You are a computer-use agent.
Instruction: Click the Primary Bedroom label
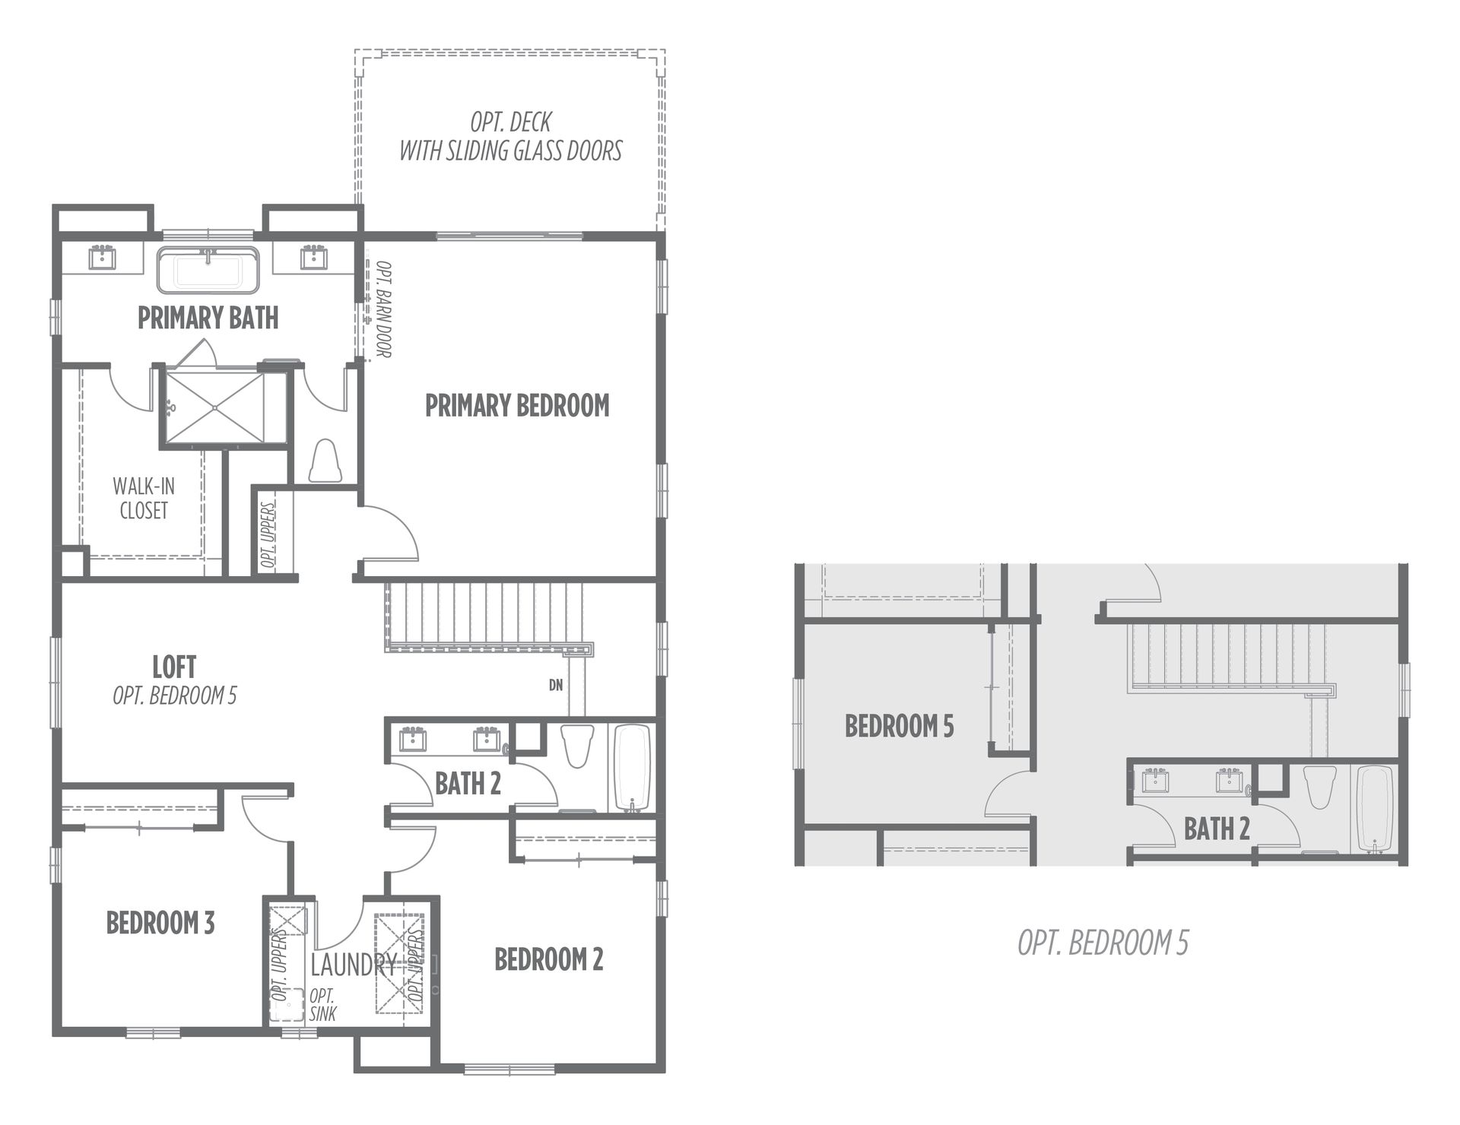tap(517, 406)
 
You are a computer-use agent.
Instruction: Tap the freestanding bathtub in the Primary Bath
tap(208, 271)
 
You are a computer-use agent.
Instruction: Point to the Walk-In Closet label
tap(144, 498)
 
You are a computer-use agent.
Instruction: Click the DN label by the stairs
tap(556, 685)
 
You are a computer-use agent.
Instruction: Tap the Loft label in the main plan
tap(174, 667)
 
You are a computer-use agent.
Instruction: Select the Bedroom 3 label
tap(160, 923)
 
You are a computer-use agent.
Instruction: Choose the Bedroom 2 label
tap(549, 959)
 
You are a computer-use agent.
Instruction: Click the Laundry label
tap(354, 965)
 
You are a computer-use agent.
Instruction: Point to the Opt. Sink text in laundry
tap(322, 1004)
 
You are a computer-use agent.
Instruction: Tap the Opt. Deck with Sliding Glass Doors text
tap(511, 137)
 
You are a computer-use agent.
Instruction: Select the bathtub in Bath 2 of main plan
tap(633, 768)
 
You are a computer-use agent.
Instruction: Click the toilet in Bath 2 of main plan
tap(576, 746)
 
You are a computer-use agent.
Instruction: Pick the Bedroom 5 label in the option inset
tap(899, 726)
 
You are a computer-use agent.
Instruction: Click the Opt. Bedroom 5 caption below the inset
tap(1103, 943)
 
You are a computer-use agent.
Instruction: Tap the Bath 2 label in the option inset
tap(1217, 829)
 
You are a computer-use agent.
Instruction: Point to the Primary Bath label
tap(208, 318)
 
